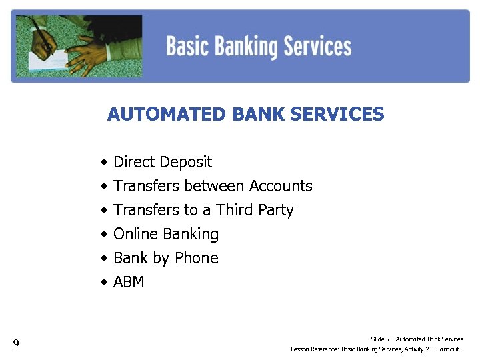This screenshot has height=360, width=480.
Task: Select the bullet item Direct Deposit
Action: [163, 162]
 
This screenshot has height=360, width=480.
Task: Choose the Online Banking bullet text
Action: [166, 234]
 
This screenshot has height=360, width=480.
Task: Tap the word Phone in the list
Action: [197, 258]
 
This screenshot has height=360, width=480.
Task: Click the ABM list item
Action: [129, 282]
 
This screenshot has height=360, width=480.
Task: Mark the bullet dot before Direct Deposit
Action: [105, 163]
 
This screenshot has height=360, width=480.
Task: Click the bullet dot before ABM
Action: [105, 283]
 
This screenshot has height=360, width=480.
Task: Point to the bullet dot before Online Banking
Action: [105, 235]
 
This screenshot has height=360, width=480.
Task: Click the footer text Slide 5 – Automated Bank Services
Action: [417, 339]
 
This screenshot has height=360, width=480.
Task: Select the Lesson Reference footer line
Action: [377, 349]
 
